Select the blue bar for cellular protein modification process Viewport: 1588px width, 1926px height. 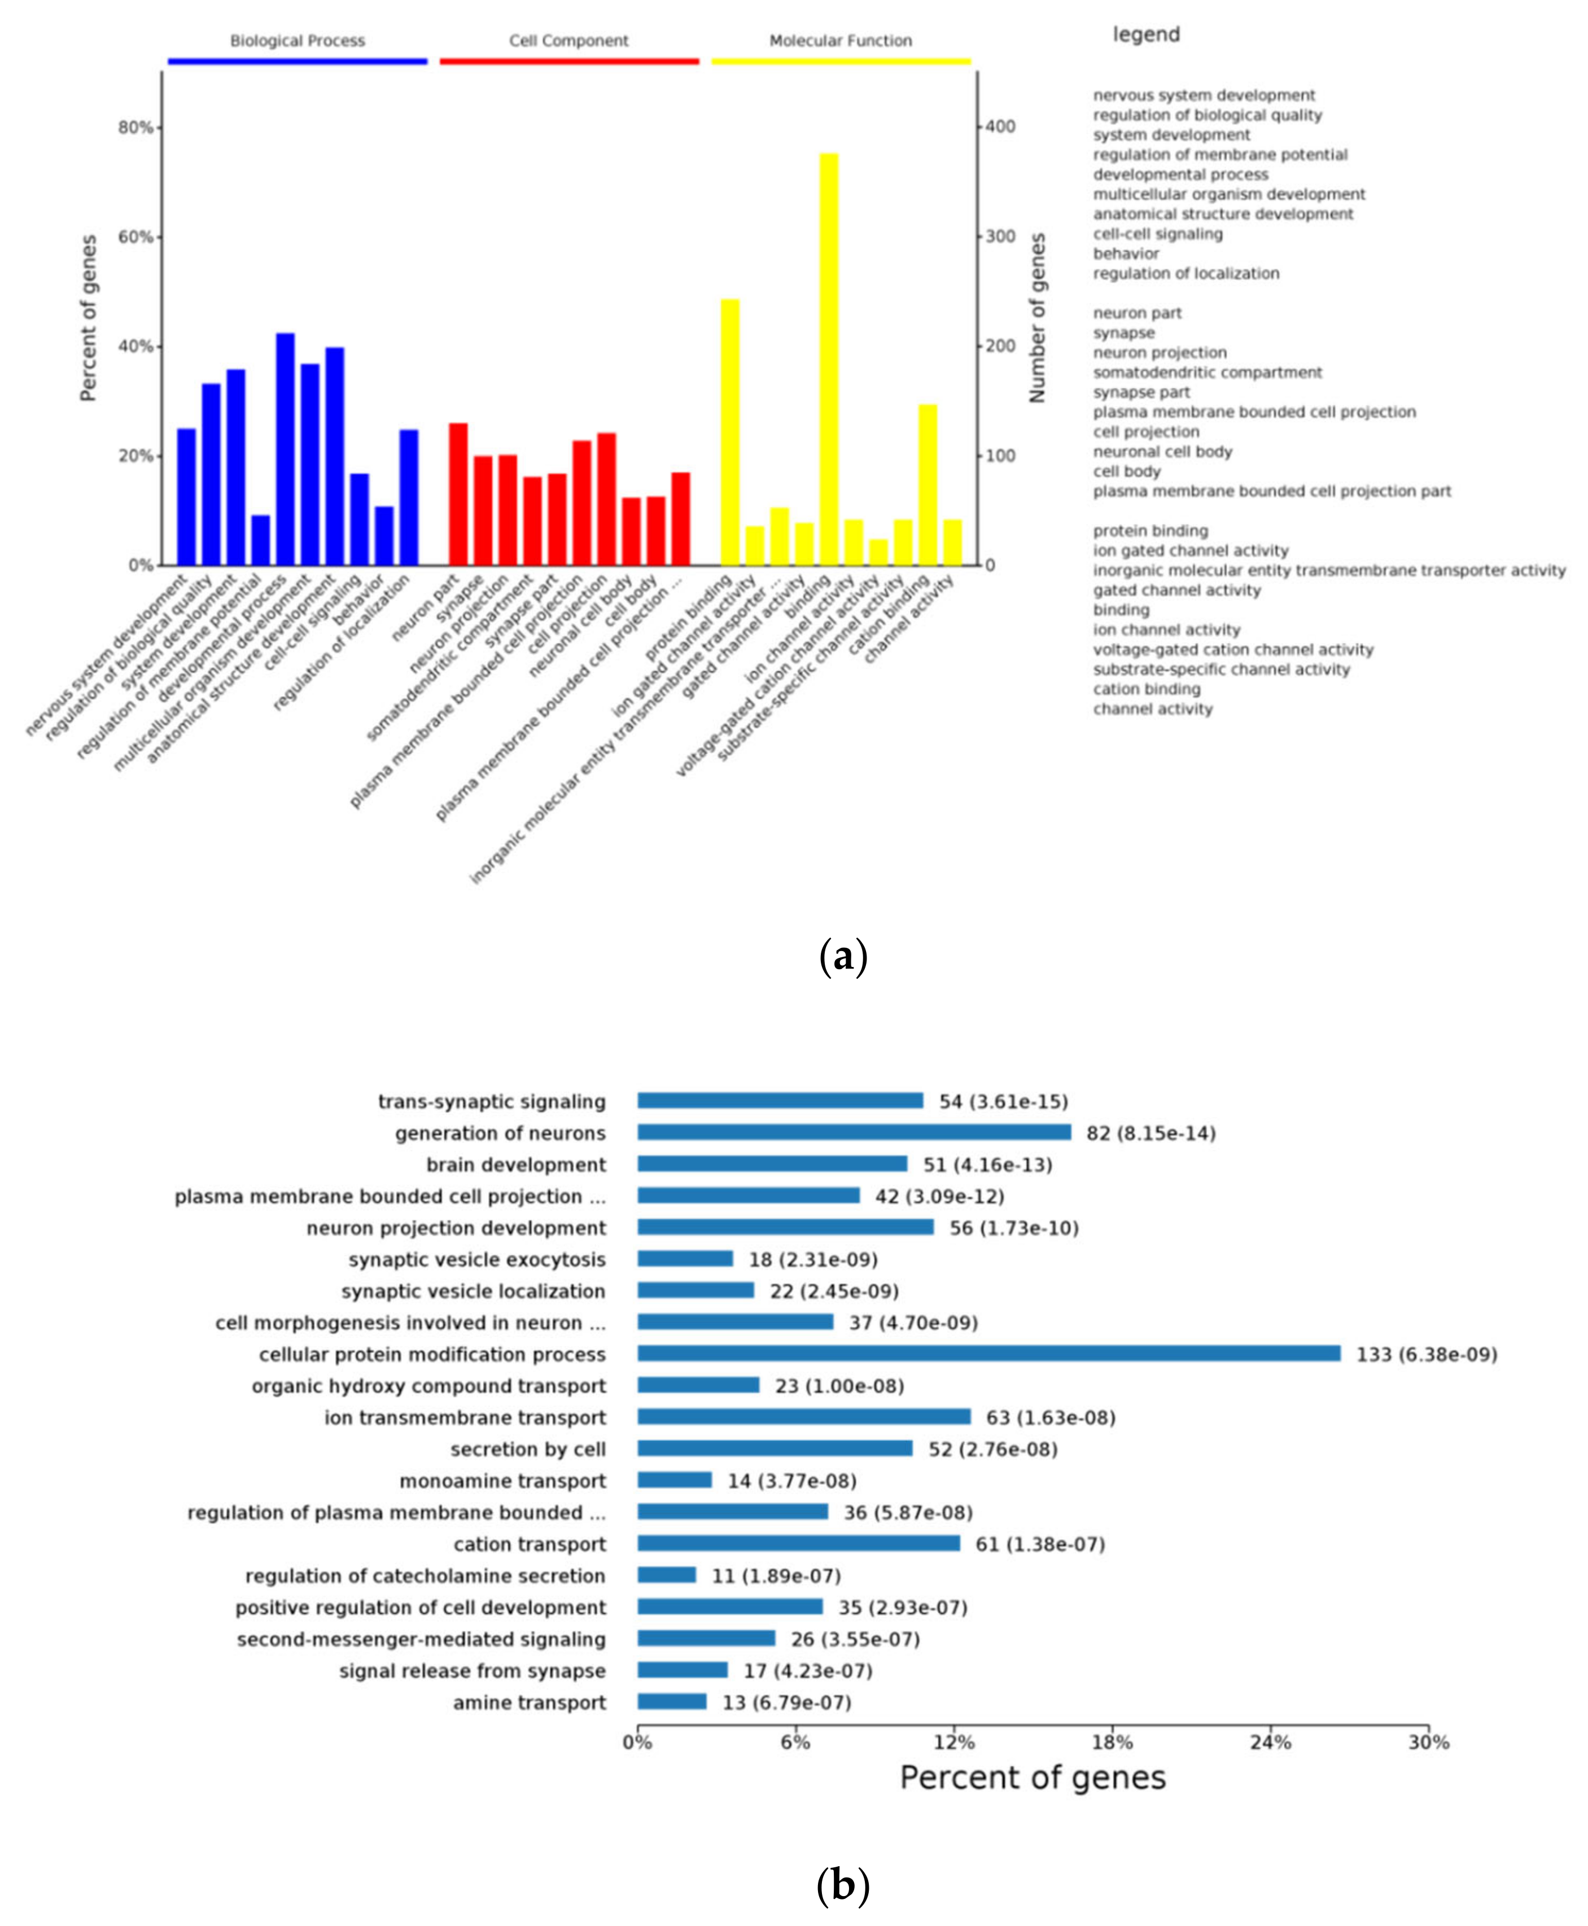(988, 1354)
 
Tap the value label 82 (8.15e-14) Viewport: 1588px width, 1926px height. (1150, 1133)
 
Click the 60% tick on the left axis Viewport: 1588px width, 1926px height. (135, 237)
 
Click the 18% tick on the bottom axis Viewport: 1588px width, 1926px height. (1112, 1742)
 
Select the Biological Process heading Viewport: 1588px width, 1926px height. (298, 40)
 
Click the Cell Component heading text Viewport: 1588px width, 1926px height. (569, 40)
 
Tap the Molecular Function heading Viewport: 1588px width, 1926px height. (841, 40)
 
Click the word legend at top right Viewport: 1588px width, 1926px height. (1146, 35)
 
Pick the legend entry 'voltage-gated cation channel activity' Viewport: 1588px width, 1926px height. (1233, 649)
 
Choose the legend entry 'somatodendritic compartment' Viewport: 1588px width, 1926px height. (1208, 372)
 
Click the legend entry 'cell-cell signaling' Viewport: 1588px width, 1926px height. (1157, 234)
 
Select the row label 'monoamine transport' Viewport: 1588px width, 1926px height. (502, 1481)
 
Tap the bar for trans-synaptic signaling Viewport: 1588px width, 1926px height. (780, 1100)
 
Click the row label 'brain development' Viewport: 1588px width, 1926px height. (516, 1164)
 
